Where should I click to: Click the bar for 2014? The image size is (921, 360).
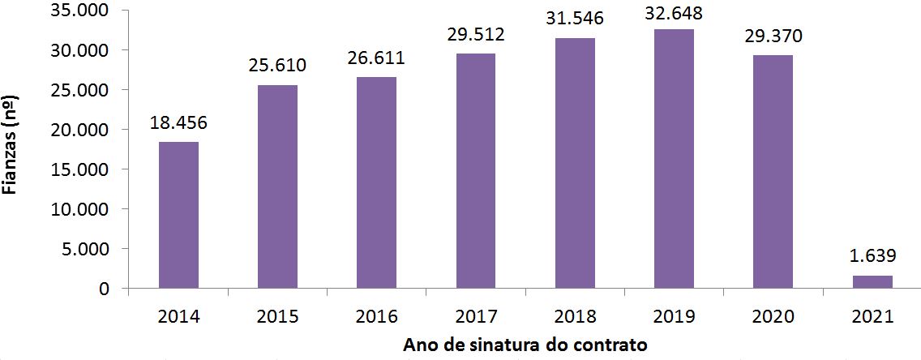tap(178, 215)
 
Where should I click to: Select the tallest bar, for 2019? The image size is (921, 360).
tap(674, 158)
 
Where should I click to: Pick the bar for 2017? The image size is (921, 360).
tap(476, 170)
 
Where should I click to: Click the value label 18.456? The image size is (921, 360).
tap(178, 123)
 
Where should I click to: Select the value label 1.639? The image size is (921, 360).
tap(872, 257)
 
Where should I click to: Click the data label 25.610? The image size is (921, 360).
tap(277, 66)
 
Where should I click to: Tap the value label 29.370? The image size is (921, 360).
tap(773, 37)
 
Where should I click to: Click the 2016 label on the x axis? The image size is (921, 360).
tap(376, 316)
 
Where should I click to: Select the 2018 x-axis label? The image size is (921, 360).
tap(575, 316)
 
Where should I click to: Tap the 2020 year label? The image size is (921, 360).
tap(773, 316)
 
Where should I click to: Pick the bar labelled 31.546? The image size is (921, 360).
tap(575, 162)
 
